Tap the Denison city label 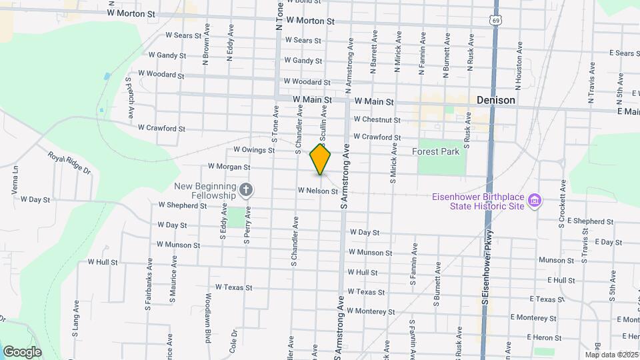(496, 100)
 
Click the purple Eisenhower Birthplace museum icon (534, 200)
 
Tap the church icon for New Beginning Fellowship (246, 191)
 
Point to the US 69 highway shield (494, 21)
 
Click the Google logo (22, 351)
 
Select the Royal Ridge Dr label (69, 163)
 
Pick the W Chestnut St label (377, 120)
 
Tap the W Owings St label (254, 150)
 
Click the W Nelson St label (318, 190)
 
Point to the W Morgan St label (229, 167)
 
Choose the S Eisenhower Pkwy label (487, 267)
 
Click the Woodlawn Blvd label (208, 309)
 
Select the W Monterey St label (371, 311)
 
